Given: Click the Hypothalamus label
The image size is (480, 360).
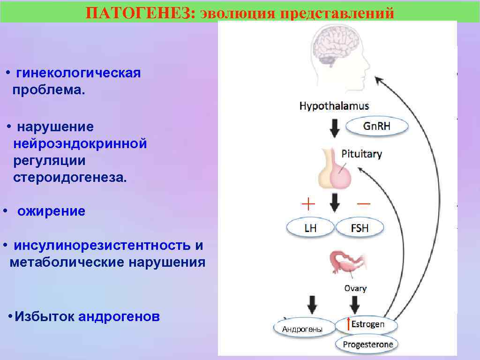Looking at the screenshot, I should (x=334, y=106).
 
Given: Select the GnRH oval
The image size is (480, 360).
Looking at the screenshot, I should (x=377, y=127).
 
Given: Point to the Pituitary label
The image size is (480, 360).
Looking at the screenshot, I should (x=361, y=154).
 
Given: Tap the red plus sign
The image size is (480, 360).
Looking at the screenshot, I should (x=308, y=204).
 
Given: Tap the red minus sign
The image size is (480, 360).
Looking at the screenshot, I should (x=363, y=204).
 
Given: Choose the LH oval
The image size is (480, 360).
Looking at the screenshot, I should (x=310, y=228).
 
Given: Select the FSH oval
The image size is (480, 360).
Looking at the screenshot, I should (x=360, y=228).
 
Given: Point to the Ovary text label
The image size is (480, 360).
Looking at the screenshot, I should (x=355, y=288).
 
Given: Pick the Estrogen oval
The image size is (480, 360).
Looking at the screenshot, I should (x=367, y=324).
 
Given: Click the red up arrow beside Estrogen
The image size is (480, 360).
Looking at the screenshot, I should (x=348, y=324).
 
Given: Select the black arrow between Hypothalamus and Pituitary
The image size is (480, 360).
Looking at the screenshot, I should (x=334, y=127).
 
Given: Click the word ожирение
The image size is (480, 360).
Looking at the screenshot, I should (x=52, y=211).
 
